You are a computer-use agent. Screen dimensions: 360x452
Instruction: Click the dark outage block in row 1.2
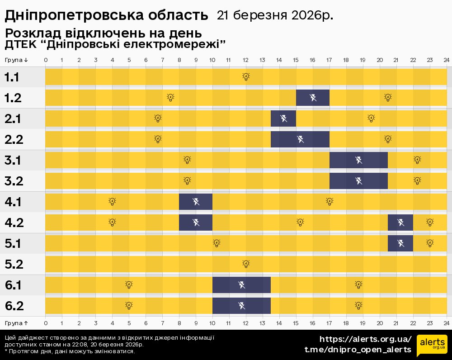[313, 97]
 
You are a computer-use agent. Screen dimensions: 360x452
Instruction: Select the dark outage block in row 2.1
[283, 118]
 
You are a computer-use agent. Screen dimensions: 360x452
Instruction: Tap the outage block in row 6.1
[241, 284]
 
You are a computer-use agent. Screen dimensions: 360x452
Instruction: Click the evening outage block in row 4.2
[400, 222]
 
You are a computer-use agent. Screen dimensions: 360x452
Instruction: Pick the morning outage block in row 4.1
[196, 201]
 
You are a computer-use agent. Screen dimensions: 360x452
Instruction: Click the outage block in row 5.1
[400, 243]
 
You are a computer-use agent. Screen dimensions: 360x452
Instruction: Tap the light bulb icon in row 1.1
[246, 76]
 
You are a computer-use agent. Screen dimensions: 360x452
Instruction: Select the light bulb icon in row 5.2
[246, 264]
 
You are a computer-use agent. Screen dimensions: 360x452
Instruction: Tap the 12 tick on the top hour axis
[246, 60]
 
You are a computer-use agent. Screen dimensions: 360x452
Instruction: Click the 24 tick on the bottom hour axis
[446, 323]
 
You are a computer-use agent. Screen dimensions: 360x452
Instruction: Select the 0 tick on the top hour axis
[46, 60]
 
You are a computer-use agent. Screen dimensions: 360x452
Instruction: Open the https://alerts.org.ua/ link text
[366, 339]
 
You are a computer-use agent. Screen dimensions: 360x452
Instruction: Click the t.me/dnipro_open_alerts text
[358, 350]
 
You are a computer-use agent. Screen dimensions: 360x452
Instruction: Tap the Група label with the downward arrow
[17, 60]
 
